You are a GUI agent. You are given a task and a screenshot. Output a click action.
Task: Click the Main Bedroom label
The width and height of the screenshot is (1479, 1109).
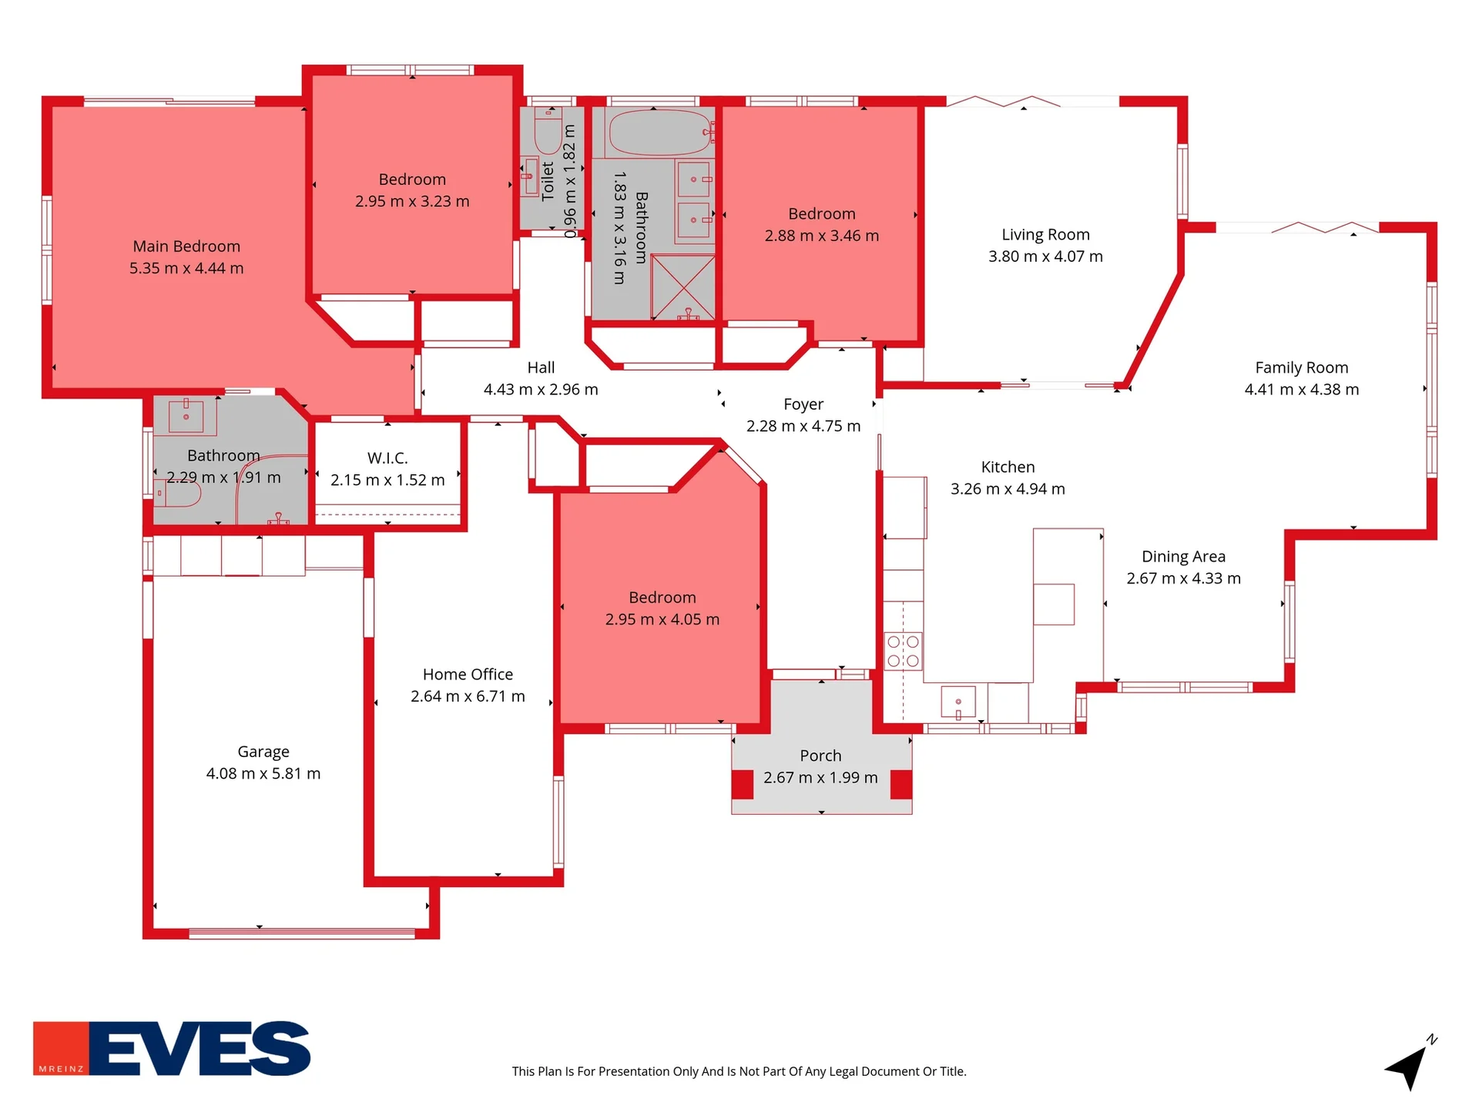186,246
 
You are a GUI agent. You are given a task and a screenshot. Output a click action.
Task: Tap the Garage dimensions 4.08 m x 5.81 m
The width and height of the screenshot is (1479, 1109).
263,773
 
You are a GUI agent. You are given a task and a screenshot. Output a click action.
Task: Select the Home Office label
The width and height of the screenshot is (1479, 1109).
468,675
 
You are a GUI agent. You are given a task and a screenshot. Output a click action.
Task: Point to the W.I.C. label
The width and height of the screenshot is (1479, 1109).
387,458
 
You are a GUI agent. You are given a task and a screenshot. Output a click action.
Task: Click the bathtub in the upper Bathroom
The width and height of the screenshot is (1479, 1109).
660,132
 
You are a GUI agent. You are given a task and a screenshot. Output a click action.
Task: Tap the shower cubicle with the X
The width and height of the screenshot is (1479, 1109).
682,286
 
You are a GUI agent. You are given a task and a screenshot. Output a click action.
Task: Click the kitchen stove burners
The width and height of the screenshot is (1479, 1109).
903,651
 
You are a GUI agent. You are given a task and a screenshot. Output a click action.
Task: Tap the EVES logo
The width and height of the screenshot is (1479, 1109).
172,1048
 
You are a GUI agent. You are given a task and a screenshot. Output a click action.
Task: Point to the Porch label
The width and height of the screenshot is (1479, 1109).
820,756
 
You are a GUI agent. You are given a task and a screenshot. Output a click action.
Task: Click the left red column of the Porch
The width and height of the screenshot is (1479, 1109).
742,785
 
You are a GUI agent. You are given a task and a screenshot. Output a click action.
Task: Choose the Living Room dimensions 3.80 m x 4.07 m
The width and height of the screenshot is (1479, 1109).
1045,256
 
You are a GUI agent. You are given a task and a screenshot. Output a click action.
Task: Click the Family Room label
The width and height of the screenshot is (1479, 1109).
1301,368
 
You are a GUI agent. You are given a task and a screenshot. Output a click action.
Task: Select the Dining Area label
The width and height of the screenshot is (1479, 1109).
1183,557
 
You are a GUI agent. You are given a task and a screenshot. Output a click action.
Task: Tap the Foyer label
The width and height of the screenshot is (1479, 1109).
803,404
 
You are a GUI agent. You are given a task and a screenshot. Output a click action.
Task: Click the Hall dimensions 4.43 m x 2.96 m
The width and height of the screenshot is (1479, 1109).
541,390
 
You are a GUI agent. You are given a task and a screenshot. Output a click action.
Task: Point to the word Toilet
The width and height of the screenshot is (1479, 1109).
548,182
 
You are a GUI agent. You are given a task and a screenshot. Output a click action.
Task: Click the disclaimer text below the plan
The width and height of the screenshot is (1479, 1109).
739,1071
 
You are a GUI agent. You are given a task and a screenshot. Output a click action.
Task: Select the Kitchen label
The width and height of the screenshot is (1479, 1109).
1008,467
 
